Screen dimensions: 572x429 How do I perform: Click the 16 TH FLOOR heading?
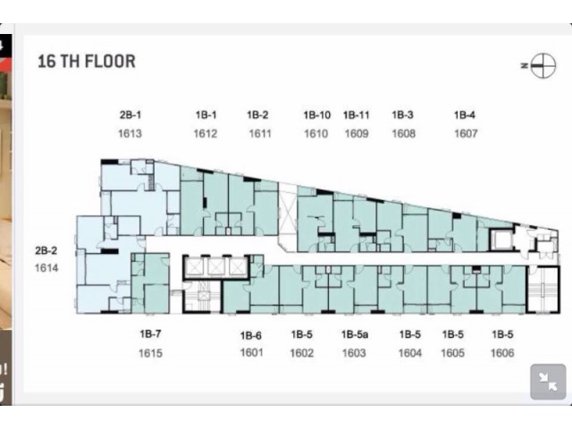pos(87,62)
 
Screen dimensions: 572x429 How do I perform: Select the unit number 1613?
pos(130,133)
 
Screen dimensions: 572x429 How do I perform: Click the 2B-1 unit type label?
pos(130,115)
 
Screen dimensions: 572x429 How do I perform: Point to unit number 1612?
pos(206,133)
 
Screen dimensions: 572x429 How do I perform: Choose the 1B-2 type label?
pos(257,115)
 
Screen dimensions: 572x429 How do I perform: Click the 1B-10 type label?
pos(317,115)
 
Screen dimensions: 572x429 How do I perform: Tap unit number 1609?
pos(357,133)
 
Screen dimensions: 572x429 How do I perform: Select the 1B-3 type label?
pos(403,115)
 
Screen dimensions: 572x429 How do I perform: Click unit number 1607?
pos(466,133)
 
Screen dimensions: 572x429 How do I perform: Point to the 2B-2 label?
pos(46,250)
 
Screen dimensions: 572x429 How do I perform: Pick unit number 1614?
pos(46,268)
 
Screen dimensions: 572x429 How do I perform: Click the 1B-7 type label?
pos(150,333)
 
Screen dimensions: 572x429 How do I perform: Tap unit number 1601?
pos(251,353)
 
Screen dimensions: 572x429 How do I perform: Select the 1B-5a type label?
pos(355,334)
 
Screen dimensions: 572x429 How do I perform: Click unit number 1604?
pos(410,353)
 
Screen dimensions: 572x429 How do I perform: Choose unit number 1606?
pos(502,353)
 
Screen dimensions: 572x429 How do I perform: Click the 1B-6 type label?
pos(250,335)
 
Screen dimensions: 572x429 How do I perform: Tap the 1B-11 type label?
pos(357,115)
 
